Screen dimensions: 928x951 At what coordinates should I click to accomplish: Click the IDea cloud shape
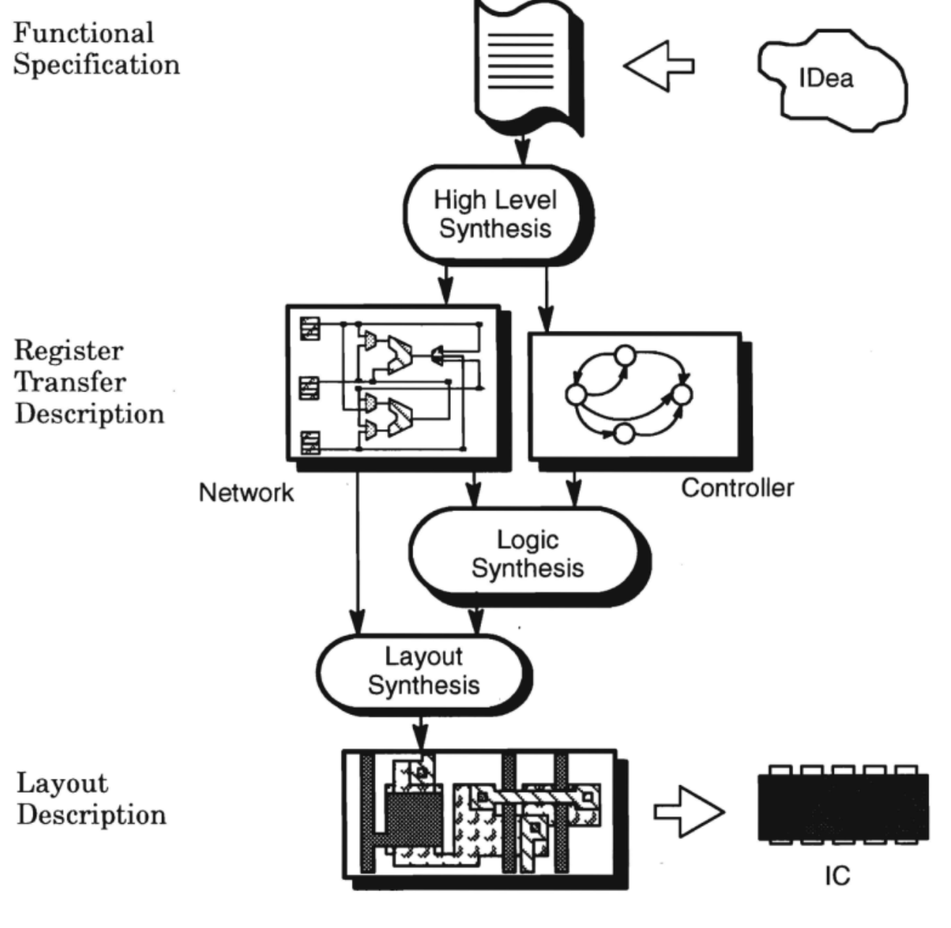pos(832,80)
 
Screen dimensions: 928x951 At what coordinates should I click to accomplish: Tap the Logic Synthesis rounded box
pos(527,554)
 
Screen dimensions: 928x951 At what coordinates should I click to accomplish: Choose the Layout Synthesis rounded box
pos(423,671)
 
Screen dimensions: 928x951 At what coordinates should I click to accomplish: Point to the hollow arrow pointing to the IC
pos(688,811)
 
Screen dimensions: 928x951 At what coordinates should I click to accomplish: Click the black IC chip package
pos(843,806)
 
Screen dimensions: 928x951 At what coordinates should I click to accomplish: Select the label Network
pos(246,493)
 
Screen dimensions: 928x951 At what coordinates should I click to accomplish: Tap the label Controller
pos(737,488)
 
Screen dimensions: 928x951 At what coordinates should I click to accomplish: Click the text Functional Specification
pos(96,49)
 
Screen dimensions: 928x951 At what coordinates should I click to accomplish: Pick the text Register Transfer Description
pos(89,382)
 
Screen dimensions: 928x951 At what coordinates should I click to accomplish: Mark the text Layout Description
pos(90,799)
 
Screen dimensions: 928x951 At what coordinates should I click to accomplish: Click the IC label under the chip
pos(837,877)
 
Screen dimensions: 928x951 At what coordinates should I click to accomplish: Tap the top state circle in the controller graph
pos(624,355)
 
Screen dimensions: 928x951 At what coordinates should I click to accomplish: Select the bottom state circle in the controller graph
pos(623,434)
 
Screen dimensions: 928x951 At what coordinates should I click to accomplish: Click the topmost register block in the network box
pos(310,328)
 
